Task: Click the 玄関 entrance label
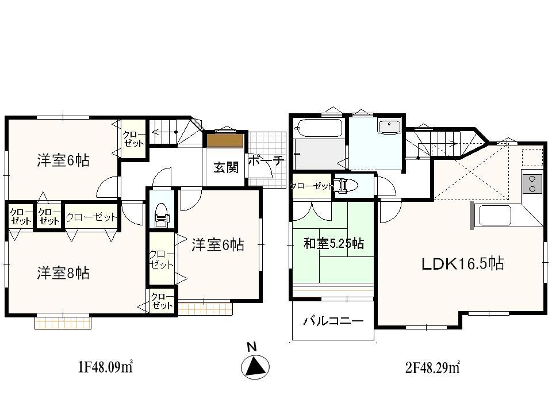(x=226, y=167)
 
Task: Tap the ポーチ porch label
(x=266, y=161)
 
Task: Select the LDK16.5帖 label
(x=462, y=264)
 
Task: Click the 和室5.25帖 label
(x=333, y=244)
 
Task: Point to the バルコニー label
(x=333, y=321)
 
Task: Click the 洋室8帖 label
(x=63, y=273)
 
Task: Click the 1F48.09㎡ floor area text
(x=105, y=366)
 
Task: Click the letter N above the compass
(x=251, y=347)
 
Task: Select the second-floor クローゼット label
(x=311, y=186)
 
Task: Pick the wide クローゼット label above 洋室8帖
(x=91, y=217)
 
